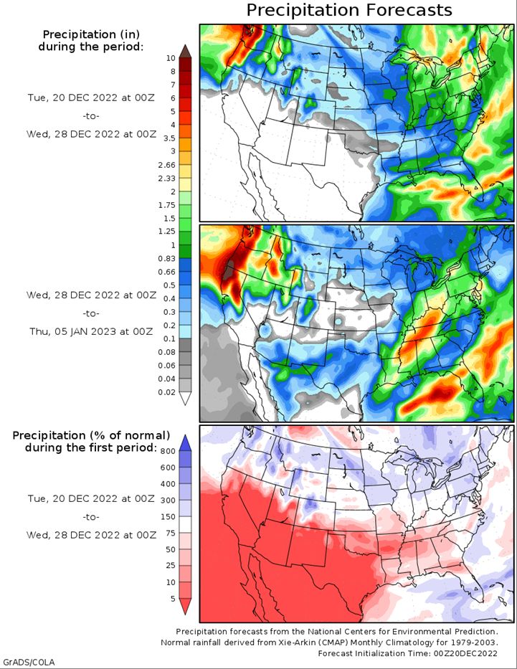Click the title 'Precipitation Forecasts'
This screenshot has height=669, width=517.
tap(349, 10)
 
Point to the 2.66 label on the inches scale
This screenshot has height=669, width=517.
tap(167, 165)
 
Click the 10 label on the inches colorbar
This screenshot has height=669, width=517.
tap(171, 58)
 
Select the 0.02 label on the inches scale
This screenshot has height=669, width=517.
tap(167, 392)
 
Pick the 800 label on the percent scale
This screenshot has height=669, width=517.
tap(168, 452)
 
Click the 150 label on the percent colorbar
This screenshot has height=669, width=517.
tap(168, 517)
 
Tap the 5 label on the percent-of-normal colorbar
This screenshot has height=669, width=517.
tap(173, 599)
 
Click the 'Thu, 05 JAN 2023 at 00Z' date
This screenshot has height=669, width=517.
tap(91, 331)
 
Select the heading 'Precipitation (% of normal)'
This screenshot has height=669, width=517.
tap(91, 436)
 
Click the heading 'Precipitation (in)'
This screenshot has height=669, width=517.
tap(91, 34)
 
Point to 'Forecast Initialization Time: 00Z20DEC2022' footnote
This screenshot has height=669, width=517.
tap(408, 653)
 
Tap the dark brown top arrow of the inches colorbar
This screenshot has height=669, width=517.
tap(185, 50)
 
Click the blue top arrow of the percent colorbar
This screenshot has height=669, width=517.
tap(185, 443)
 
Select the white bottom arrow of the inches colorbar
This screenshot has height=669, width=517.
tap(185, 399)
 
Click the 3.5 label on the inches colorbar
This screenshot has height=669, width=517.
tap(170, 138)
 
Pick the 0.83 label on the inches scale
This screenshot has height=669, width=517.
tap(167, 258)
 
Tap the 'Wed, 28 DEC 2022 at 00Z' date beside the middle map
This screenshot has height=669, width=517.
tap(91, 295)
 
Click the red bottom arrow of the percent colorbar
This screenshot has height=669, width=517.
tap(185, 607)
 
